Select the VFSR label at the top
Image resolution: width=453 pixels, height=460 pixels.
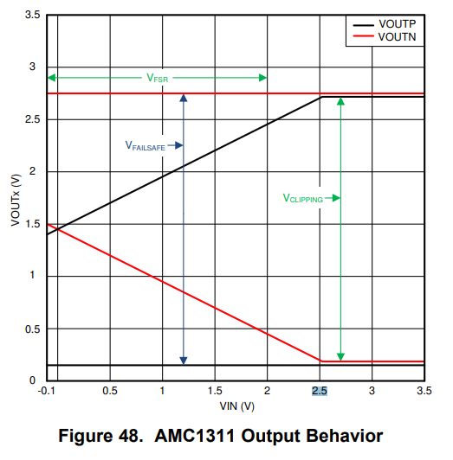[157, 78]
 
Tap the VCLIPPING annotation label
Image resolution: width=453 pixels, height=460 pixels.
[303, 198]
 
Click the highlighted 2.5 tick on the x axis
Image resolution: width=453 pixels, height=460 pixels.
[320, 392]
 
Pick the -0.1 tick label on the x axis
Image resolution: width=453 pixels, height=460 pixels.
[48, 392]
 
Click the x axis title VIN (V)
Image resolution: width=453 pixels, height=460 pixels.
[236, 405]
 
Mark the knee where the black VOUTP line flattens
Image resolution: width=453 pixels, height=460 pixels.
[320, 97]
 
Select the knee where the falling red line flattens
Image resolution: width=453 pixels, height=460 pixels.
[320, 361]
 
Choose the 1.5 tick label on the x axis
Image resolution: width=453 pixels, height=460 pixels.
[215, 392]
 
